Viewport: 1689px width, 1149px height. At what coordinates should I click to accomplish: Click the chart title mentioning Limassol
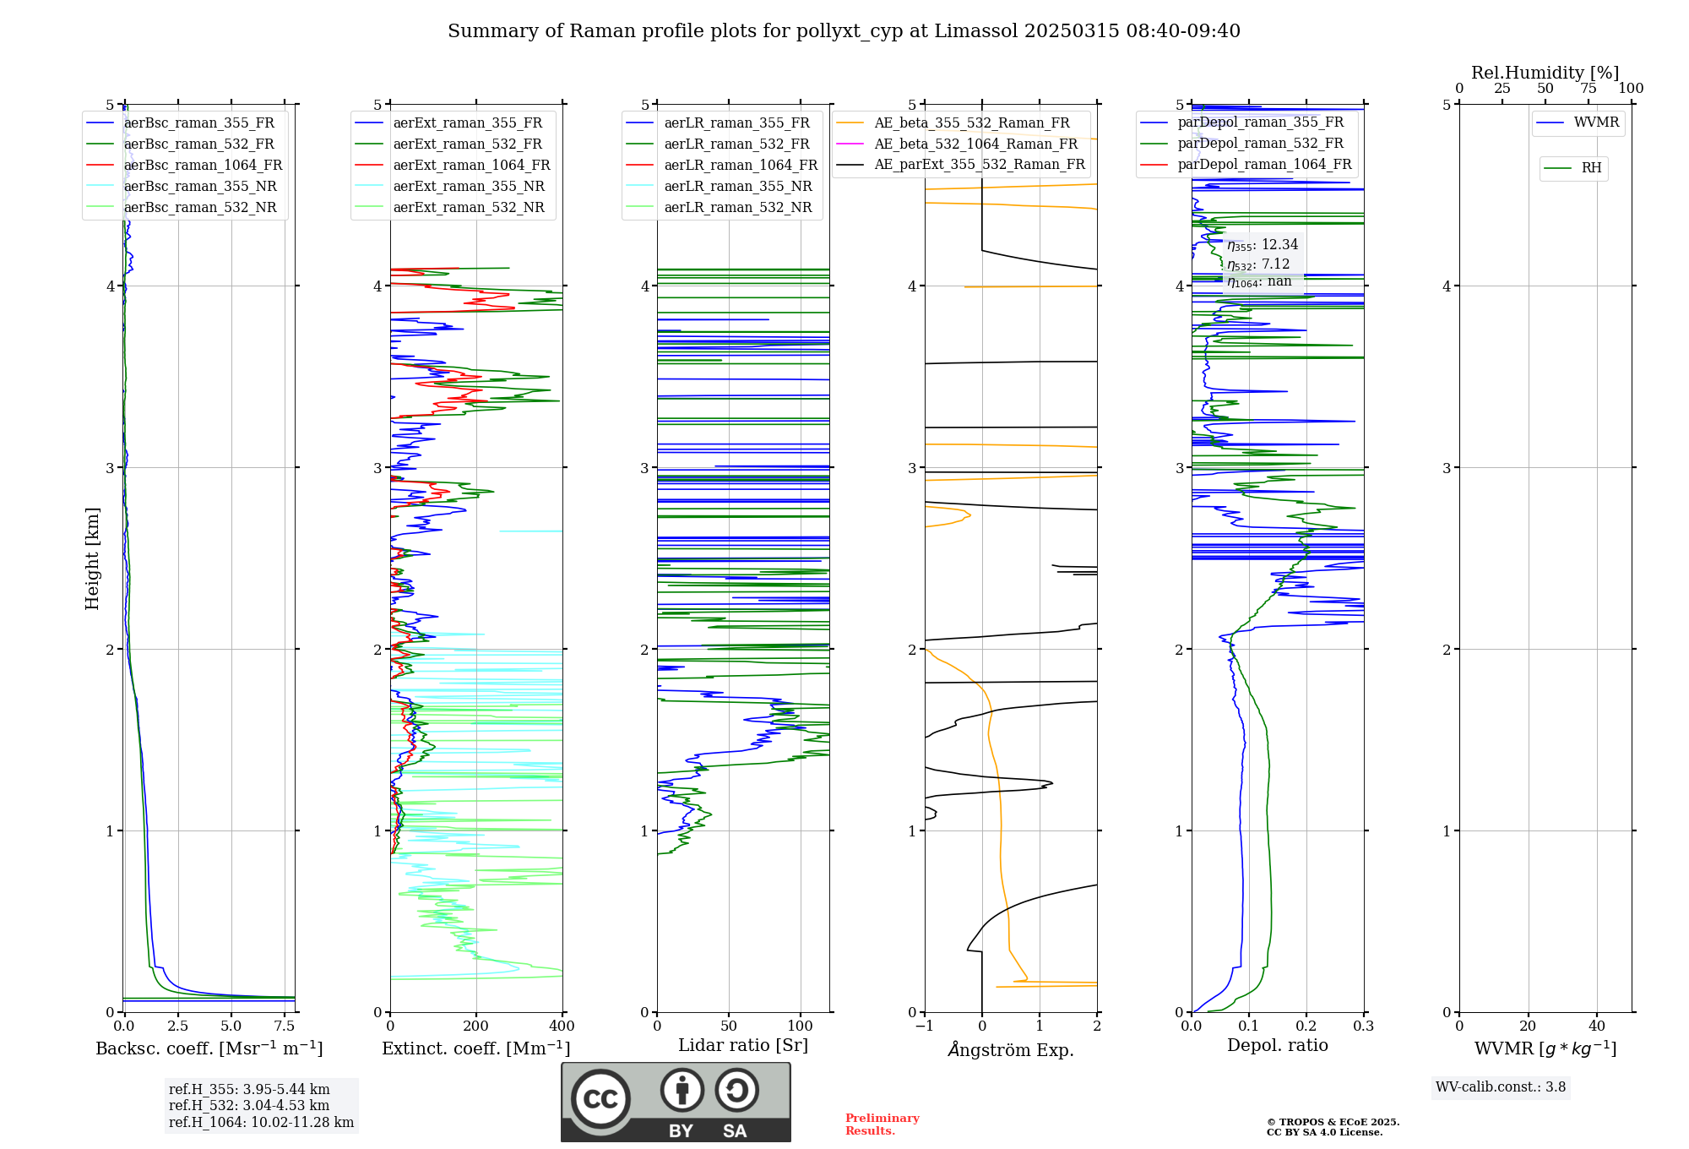pyautogui.click(x=844, y=31)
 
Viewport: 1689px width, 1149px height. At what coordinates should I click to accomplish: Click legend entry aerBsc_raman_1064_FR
pyautogui.click(x=203, y=166)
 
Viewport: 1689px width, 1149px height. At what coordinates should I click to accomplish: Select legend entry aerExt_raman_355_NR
pyautogui.click(x=469, y=187)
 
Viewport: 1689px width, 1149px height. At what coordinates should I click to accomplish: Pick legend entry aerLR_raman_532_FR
pyautogui.click(x=736, y=144)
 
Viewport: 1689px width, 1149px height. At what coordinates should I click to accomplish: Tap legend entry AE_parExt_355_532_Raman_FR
pyautogui.click(x=980, y=165)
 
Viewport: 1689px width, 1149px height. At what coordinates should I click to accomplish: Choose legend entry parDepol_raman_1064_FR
pyautogui.click(x=1264, y=165)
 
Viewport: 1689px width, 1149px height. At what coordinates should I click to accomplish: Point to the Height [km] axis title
pyautogui.click(x=92, y=558)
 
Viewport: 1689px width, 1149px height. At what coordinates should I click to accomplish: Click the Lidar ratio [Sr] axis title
pyautogui.click(x=743, y=1046)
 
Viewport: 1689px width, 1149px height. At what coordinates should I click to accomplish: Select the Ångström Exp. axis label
pyautogui.click(x=1011, y=1050)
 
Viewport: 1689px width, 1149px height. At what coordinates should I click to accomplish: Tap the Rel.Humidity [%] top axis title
pyautogui.click(x=1545, y=73)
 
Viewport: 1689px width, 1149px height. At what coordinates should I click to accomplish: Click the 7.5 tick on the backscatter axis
pyautogui.click(x=285, y=1026)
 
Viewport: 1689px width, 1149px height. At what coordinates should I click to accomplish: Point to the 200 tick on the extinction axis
pyautogui.click(x=476, y=1026)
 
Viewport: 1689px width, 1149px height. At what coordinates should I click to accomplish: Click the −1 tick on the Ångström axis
pyautogui.click(x=924, y=1026)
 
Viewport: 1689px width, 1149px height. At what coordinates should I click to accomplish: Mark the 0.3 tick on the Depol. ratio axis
pyautogui.click(x=1363, y=1026)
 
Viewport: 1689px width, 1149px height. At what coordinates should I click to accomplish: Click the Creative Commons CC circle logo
pyautogui.click(x=600, y=1099)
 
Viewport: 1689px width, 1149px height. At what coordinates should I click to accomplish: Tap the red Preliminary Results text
pyautogui.click(x=882, y=1124)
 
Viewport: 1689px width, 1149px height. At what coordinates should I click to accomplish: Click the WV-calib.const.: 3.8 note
pyautogui.click(x=1501, y=1087)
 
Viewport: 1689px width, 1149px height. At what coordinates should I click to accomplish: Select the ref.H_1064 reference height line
pyautogui.click(x=261, y=1123)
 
